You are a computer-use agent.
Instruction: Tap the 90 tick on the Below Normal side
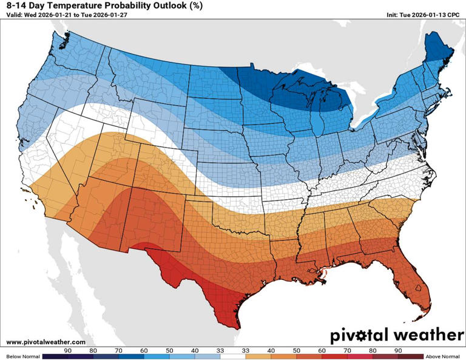pos(68,350)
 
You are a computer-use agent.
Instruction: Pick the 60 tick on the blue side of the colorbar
pos(143,350)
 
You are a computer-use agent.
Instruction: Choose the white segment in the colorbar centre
pos(233,356)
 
